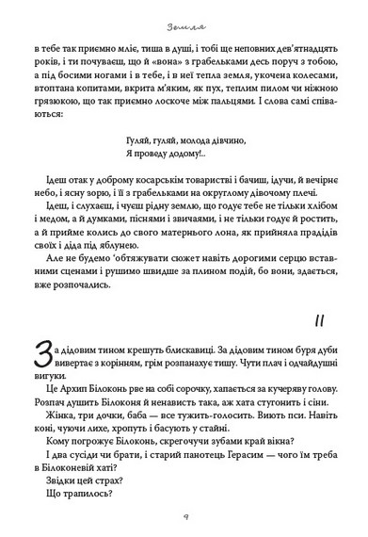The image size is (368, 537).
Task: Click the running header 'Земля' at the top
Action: (x=184, y=15)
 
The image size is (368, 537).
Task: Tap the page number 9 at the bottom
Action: (x=184, y=515)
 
